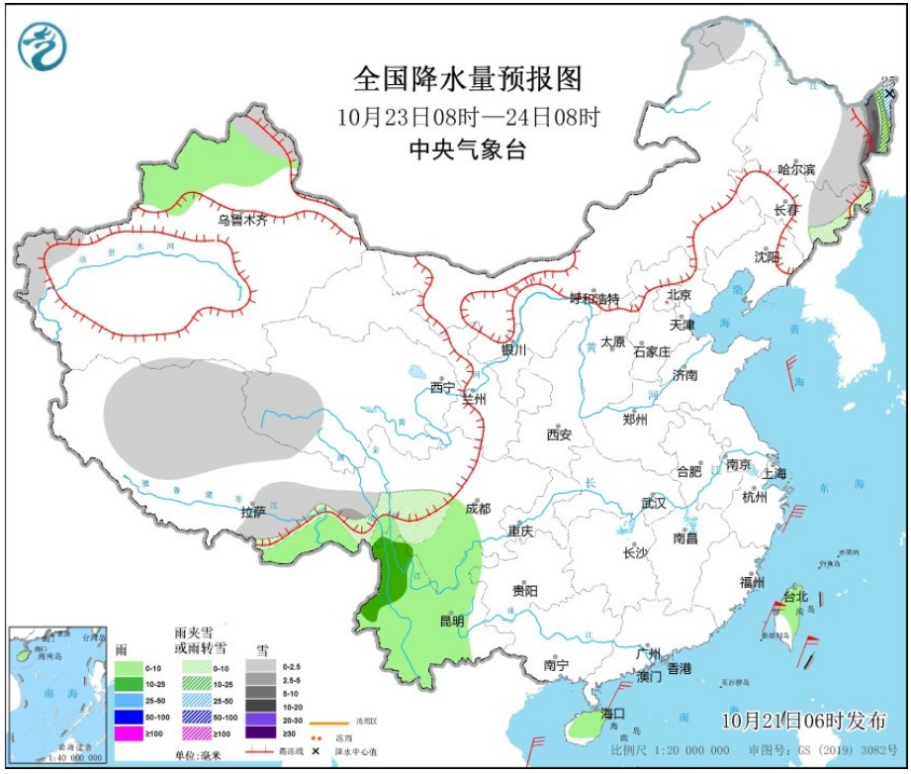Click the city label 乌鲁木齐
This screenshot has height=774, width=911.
[243, 220]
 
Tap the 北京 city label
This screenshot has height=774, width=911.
[679, 294]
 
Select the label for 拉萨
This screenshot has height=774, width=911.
[253, 512]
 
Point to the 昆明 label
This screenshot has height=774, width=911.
[451, 621]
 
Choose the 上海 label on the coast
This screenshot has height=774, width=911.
[774, 473]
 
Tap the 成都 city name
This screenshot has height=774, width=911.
[478, 509]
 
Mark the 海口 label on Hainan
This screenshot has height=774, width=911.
[612, 714]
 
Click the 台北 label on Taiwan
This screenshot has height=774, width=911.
[796, 597]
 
